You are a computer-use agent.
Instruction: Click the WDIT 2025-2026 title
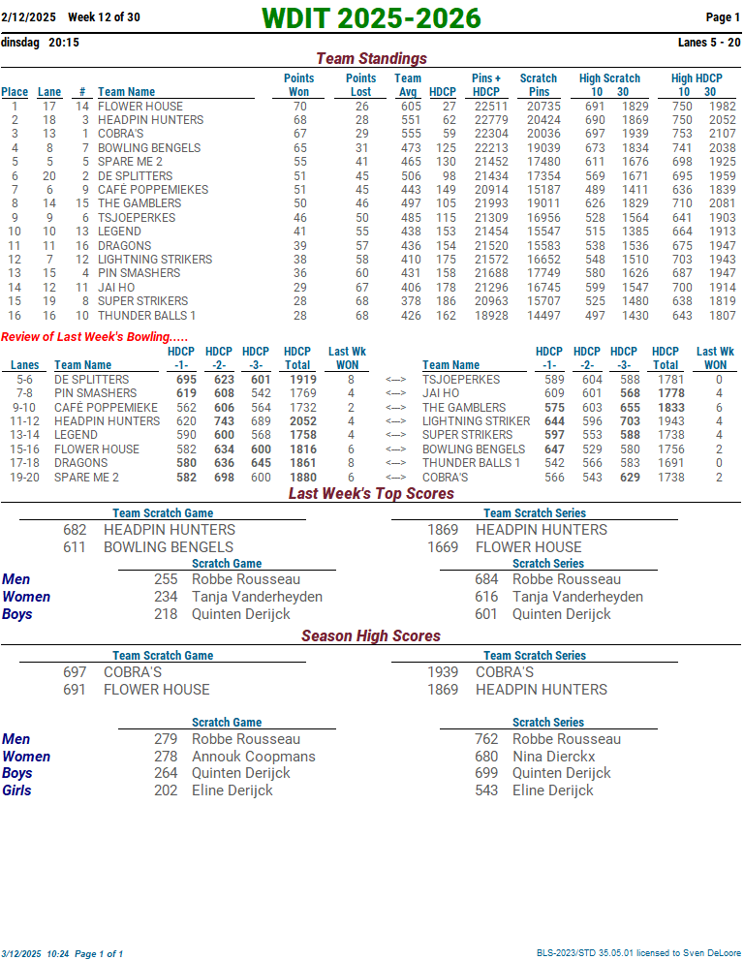coord(371,18)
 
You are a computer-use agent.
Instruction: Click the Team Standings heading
coord(371,59)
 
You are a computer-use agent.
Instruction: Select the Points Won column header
coord(298,85)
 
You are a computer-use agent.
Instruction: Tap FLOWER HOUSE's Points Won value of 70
coord(299,107)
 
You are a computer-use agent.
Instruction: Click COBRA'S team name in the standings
coord(120,134)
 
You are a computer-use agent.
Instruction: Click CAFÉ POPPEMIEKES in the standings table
coord(152,190)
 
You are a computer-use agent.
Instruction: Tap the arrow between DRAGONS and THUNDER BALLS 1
coord(394,463)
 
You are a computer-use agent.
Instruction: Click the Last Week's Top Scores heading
coord(371,494)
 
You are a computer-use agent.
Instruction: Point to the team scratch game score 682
coord(75,530)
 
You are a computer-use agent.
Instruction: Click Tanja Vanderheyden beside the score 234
coord(257,597)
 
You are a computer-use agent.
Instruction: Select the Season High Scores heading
coord(371,636)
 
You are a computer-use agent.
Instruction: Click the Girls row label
coord(16,790)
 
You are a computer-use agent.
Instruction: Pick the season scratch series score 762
coord(486,739)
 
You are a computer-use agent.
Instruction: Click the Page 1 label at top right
coord(723,17)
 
